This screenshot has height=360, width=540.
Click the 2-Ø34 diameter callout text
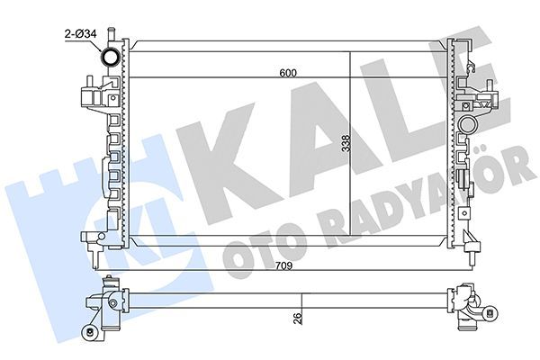click(78, 35)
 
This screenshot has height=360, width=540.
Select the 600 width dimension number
click(287, 72)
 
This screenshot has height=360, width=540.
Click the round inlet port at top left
click(112, 59)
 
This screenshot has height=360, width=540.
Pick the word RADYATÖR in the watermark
click(405, 211)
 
